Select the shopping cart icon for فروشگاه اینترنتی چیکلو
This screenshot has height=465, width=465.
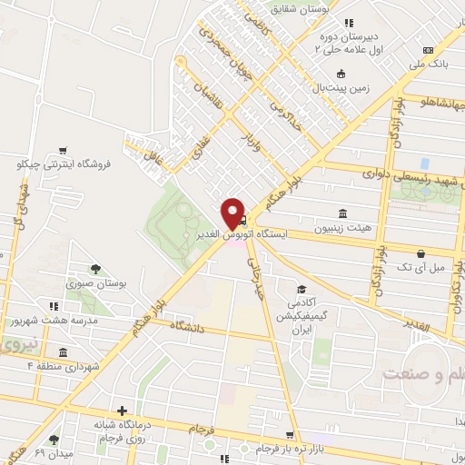coord(62,152)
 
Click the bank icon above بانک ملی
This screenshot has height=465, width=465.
coord(427,52)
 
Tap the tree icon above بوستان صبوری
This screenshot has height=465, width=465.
coord(94,268)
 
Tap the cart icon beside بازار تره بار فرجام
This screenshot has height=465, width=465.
coord(289,436)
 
